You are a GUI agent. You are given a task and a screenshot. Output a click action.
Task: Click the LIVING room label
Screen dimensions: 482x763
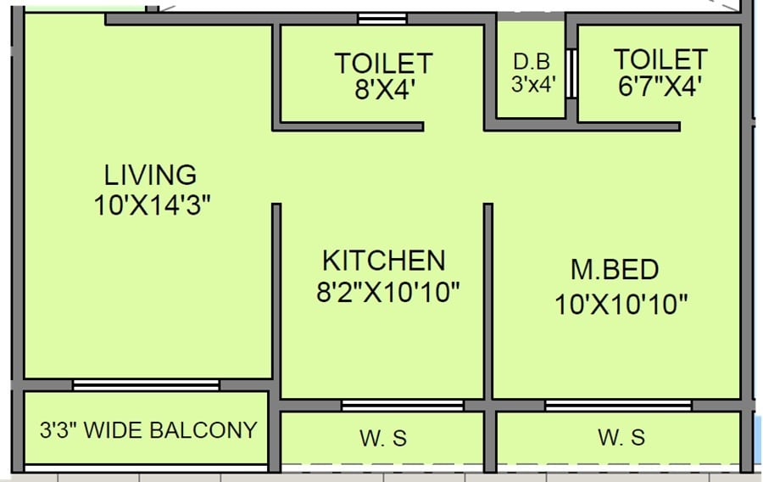coord(150,175)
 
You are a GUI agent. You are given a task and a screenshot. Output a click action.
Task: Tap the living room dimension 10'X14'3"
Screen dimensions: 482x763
coord(152,206)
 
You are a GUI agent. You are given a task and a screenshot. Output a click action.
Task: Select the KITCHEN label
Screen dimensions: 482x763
coord(383,260)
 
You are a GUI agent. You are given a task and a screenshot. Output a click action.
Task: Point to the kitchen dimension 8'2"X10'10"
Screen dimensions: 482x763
coord(387,293)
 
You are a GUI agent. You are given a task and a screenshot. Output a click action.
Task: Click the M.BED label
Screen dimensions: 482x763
coord(615,270)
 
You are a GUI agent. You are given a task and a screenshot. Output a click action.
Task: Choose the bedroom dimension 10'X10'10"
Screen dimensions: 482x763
coord(621,304)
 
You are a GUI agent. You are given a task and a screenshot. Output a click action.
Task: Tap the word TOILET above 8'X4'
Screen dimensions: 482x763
coord(383,63)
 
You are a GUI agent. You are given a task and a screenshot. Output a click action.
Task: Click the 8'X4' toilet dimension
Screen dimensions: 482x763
coord(384,90)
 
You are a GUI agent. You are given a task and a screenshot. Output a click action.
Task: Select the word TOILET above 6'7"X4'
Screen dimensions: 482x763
coord(660,59)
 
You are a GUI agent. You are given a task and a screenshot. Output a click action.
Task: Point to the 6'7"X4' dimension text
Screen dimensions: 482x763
coord(660,87)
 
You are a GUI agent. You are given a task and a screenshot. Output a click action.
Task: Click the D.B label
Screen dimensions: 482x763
coord(532,62)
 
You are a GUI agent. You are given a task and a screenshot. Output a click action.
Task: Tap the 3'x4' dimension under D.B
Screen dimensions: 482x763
coord(532,85)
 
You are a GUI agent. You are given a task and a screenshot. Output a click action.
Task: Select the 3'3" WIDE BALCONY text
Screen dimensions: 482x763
coord(148,430)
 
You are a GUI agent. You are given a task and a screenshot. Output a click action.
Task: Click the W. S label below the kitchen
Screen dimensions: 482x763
coord(383,438)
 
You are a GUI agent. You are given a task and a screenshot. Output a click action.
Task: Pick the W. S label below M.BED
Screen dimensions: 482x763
coord(621,438)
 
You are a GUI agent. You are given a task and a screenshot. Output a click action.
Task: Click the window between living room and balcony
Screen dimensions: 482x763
coord(146,385)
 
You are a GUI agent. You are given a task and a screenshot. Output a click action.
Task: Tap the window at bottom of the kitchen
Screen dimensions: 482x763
coord(402,406)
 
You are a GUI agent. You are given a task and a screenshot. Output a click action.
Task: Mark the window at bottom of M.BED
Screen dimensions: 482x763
coord(618,406)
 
